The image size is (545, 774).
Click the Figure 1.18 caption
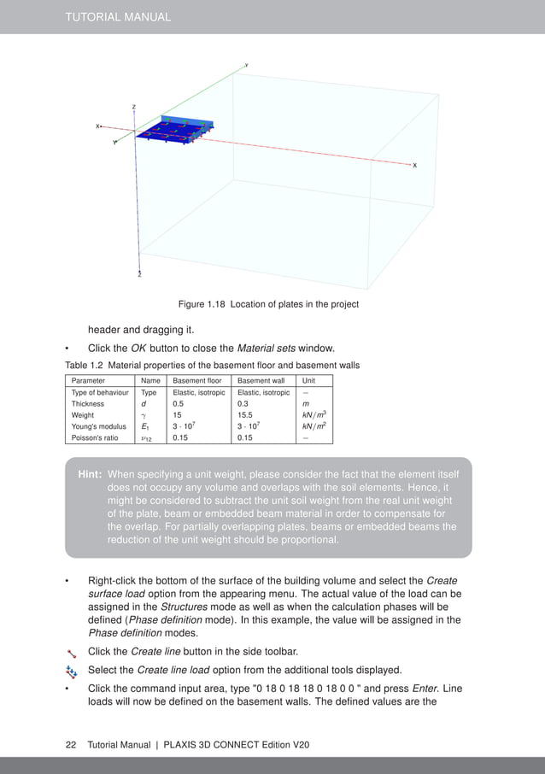pos(267,304)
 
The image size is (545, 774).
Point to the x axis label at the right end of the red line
pos(415,165)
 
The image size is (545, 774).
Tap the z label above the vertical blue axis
pos(133,107)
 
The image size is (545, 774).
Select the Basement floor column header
pos(198,380)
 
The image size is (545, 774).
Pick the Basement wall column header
pos(261,380)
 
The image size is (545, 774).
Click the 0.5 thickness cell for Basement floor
pos(179,404)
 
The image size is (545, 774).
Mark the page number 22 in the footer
pos(71,745)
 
